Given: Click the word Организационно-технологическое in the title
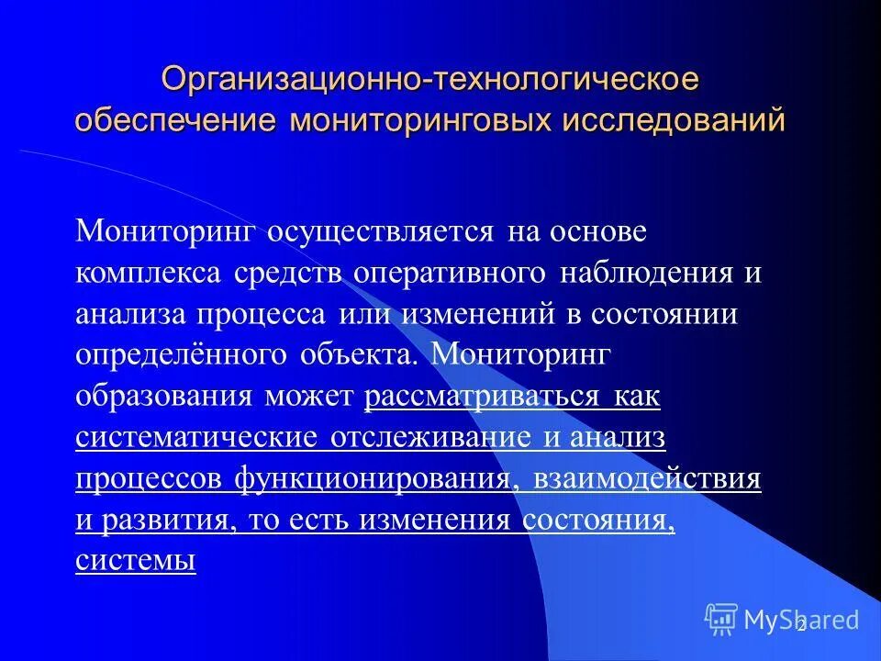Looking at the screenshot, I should coord(430,78).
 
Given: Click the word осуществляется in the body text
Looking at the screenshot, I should coord(381,231).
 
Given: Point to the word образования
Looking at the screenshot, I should coord(164,397).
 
